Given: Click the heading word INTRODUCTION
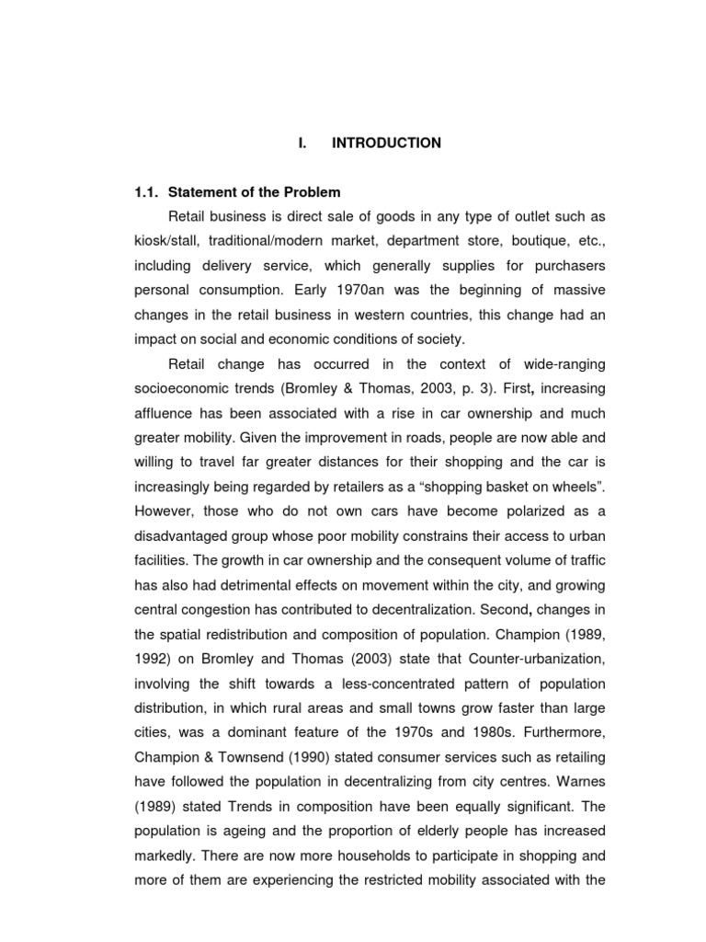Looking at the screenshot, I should (386, 144).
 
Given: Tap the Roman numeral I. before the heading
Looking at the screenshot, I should (302, 144).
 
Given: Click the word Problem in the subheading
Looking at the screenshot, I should (309, 192).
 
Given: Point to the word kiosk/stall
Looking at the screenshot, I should (165, 240).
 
